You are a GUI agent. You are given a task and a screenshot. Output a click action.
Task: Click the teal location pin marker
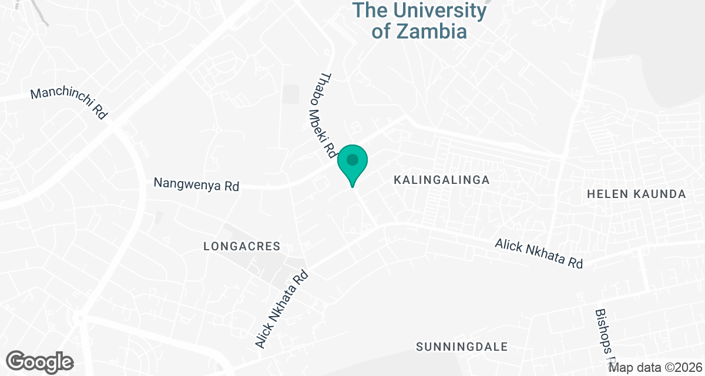tap(352, 165)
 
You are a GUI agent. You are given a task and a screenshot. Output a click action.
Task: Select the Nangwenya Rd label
tap(196, 184)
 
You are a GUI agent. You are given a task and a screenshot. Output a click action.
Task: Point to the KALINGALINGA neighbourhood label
tap(441, 180)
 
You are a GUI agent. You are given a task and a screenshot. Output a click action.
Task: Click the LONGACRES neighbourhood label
tap(242, 247)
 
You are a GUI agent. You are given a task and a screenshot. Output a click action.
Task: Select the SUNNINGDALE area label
tap(462, 347)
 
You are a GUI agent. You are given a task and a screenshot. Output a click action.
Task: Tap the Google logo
tap(40, 362)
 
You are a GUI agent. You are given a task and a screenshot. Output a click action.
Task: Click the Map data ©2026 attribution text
tap(656, 368)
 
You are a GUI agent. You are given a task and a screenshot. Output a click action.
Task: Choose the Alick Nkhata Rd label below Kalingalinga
tap(539, 253)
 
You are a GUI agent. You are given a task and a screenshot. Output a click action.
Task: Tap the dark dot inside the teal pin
tap(352, 160)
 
